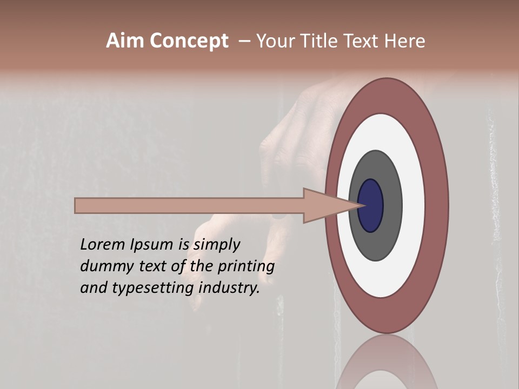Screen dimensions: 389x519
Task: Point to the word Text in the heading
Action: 362,41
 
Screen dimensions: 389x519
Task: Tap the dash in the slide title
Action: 244,42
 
